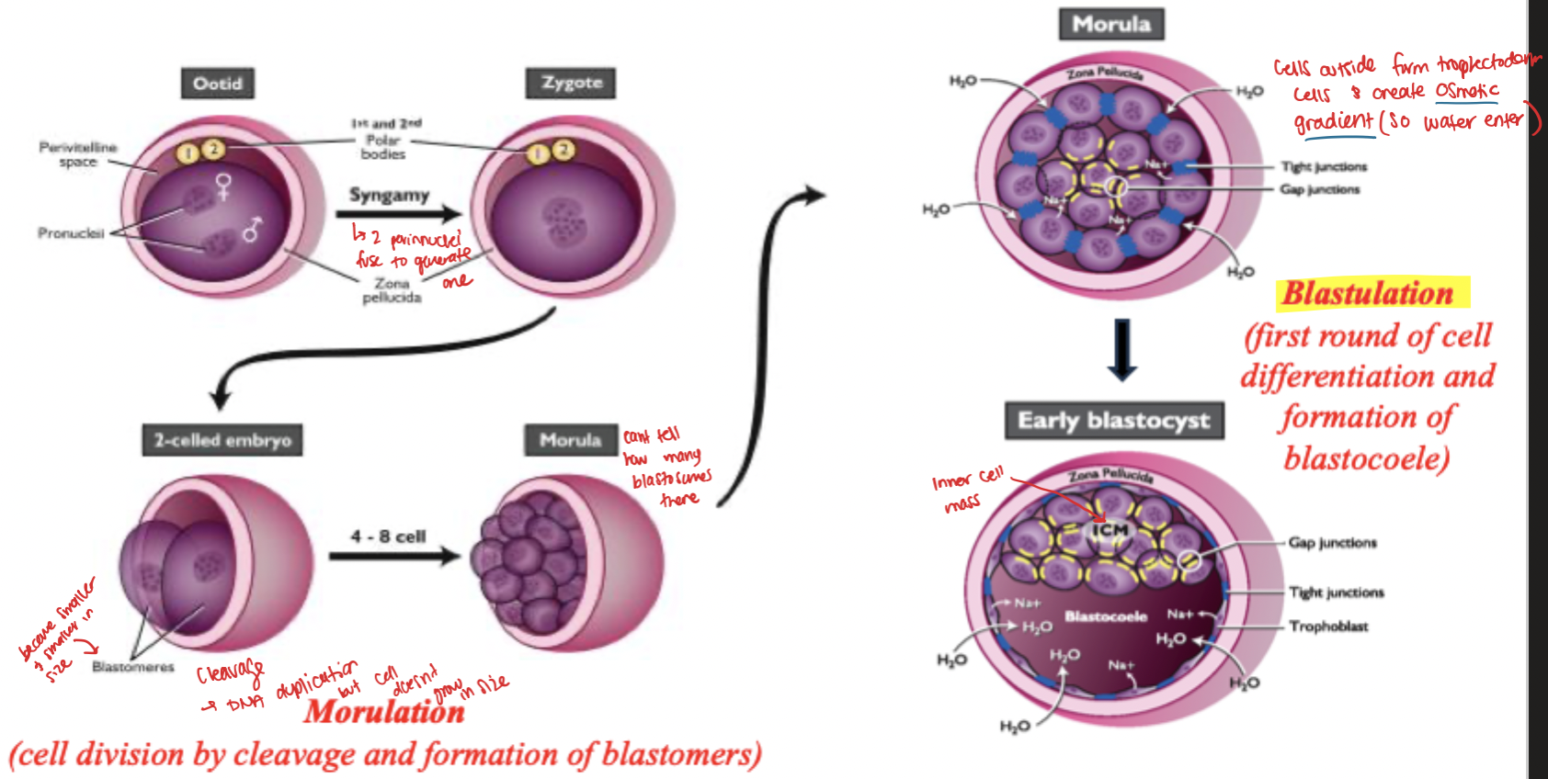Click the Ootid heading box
tap(218, 84)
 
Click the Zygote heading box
tap(572, 83)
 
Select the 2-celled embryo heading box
tap(222, 440)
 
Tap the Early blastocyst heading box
tap(1113, 421)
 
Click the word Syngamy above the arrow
tap(389, 195)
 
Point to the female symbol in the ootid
tap(223, 186)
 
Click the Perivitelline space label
tap(78, 154)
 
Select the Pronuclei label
tap(71, 233)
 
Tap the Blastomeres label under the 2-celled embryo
tap(133, 667)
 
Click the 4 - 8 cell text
tap(388, 536)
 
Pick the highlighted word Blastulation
tap(1369, 293)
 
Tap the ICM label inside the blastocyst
tap(1110, 530)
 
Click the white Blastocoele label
tap(1106, 616)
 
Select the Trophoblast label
tap(1328, 627)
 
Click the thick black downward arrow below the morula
tap(1122, 350)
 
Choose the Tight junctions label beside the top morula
tap(1324, 167)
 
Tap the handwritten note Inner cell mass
tap(965, 490)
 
